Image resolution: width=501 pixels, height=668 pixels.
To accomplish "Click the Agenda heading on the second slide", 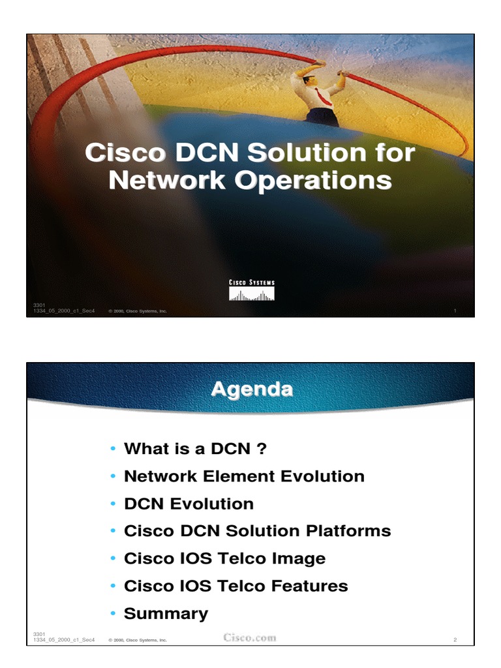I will (251, 389).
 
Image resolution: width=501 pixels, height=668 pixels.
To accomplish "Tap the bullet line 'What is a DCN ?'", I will (196, 449).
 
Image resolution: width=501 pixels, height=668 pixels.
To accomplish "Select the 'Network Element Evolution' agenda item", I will (244, 476).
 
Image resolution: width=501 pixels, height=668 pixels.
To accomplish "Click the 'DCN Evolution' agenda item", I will (189, 504).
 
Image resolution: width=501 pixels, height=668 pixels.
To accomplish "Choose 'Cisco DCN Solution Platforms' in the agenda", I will (257, 531).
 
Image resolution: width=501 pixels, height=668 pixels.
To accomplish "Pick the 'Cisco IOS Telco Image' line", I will (224, 558).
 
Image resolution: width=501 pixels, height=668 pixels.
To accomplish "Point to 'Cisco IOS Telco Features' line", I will (235, 586).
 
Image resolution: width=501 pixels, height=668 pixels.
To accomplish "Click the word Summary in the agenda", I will (166, 613).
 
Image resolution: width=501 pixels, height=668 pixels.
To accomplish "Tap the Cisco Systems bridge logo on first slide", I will (251, 290).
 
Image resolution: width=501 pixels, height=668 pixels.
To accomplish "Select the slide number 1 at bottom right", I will (455, 311).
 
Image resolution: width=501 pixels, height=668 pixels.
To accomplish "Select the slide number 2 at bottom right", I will (455, 640).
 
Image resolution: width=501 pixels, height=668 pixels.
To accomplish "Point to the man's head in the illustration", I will (310, 80).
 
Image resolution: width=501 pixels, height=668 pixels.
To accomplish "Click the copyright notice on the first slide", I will (138, 311).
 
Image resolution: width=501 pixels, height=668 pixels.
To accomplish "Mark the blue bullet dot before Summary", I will (114, 614).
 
